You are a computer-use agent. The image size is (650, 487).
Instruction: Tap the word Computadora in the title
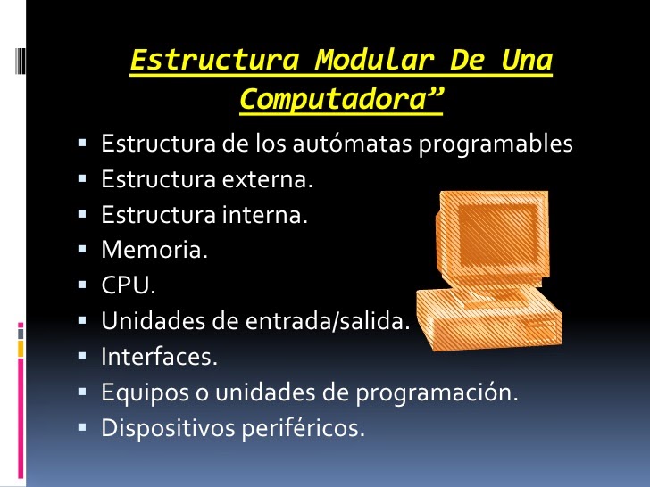pos(335,100)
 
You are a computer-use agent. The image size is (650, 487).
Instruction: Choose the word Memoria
pos(154,251)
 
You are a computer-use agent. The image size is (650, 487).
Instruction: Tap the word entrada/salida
pos(334,321)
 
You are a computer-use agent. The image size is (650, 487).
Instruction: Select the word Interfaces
pos(159,357)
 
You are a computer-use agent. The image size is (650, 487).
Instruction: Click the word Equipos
pos(139,392)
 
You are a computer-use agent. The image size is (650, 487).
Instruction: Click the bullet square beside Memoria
pos(81,251)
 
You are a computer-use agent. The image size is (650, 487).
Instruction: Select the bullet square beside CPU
pos(81,286)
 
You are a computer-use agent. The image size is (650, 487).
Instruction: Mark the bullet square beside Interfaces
pos(81,357)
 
